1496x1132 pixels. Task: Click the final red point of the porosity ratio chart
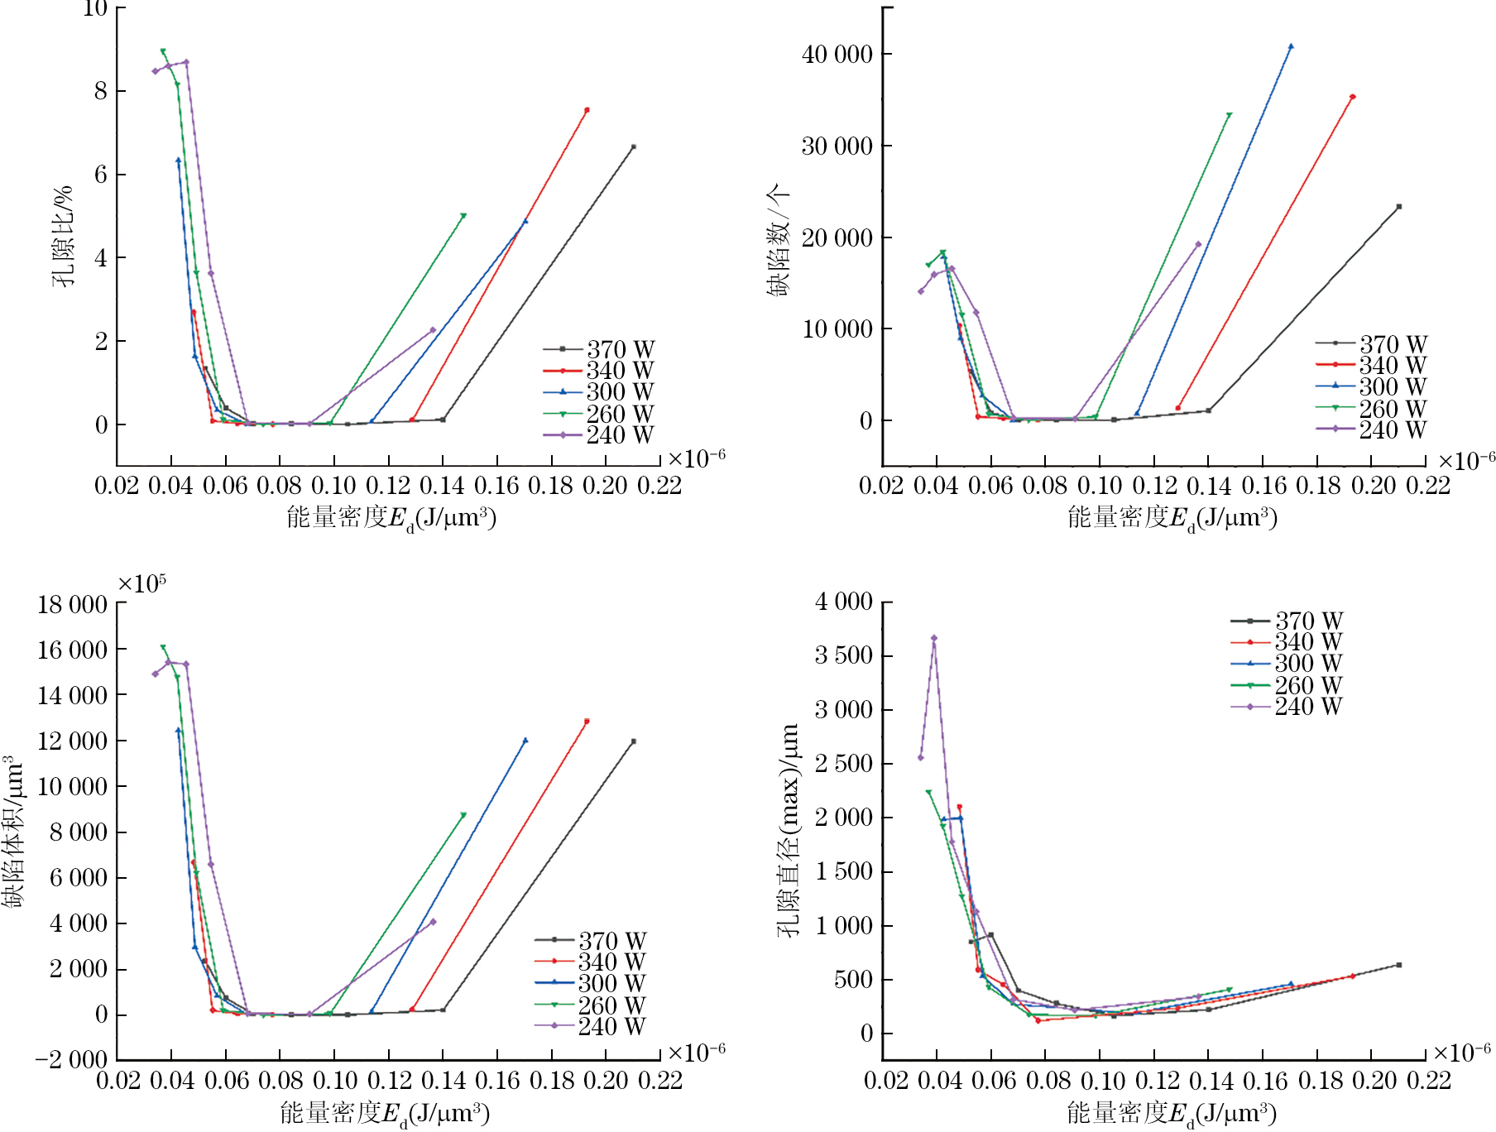587,110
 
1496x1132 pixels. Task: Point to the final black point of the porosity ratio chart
633,147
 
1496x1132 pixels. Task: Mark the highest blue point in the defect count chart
1291,47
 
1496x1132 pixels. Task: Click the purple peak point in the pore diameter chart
934,638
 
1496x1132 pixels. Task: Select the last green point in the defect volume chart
463,815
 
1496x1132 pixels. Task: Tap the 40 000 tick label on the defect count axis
837,55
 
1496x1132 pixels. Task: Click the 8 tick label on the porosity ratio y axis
101,91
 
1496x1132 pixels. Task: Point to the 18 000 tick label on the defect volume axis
73,605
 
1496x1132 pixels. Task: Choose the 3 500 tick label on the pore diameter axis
844,655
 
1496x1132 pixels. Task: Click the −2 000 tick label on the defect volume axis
71,1060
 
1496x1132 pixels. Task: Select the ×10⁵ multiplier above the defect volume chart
141,584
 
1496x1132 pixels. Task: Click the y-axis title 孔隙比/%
64,236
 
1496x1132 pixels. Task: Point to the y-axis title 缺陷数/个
777,240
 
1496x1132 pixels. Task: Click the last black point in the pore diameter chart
1399,965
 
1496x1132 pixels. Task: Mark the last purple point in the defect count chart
1198,244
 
